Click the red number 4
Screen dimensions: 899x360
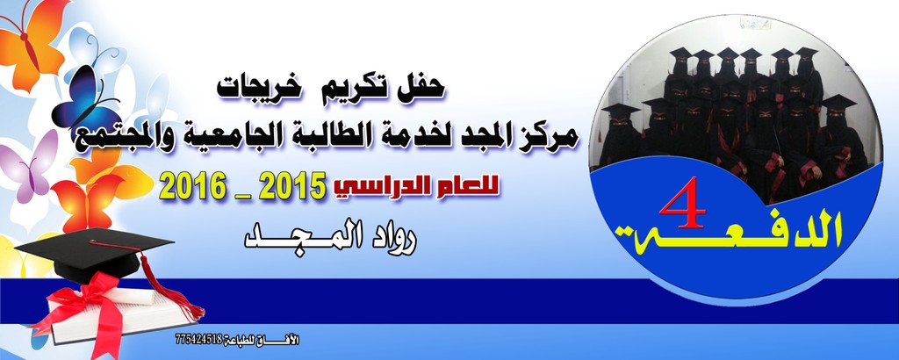(683, 203)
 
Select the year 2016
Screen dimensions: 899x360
(192, 185)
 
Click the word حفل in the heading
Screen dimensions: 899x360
(423, 87)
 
